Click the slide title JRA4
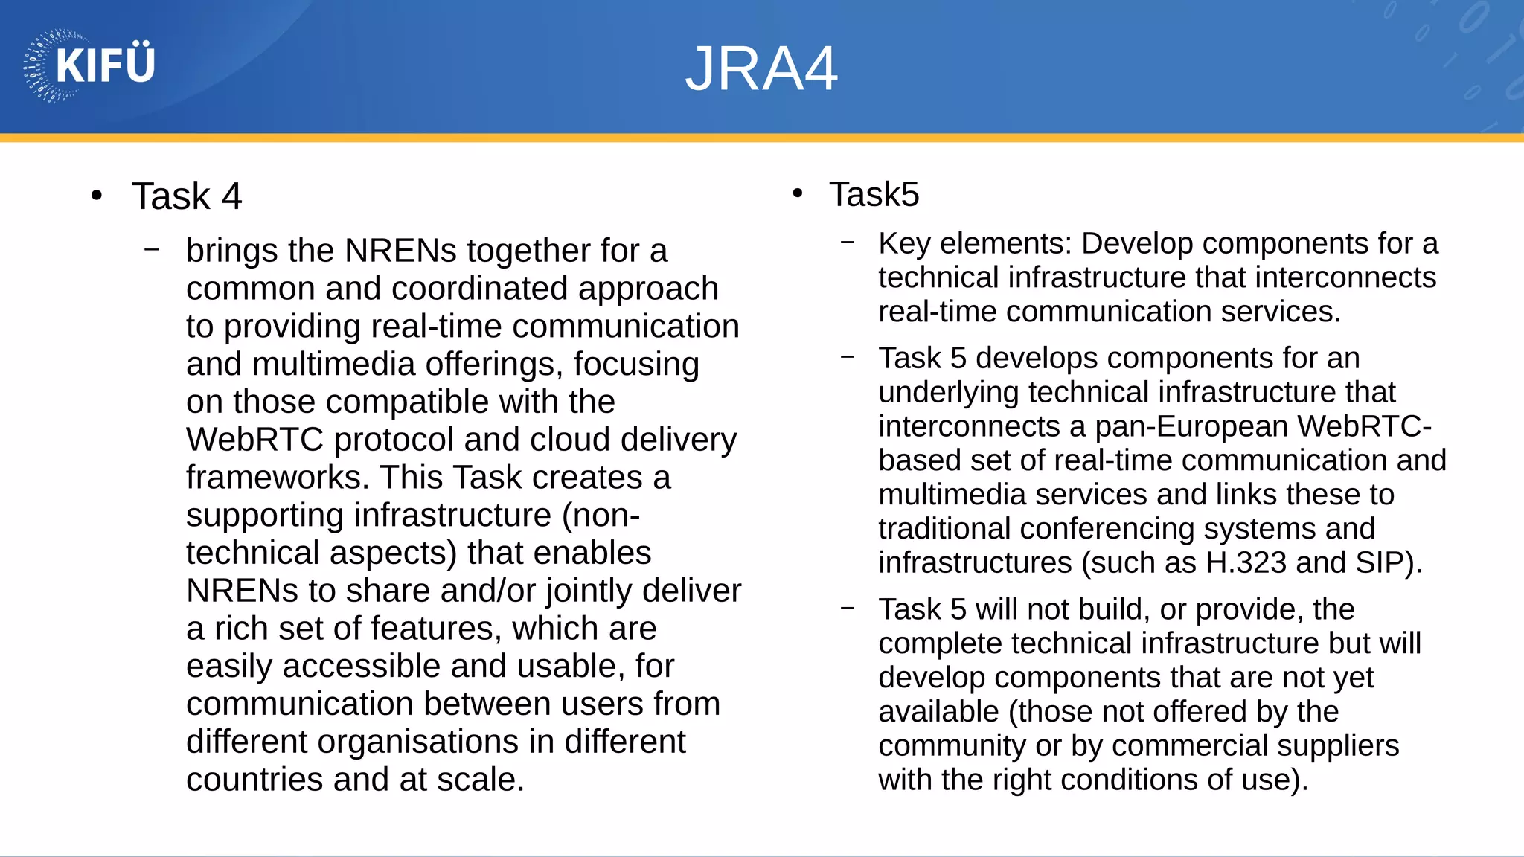pyautogui.click(x=761, y=69)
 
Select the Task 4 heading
pyautogui.click(x=187, y=196)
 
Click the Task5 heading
pyautogui.click(x=874, y=195)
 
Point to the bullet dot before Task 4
pyautogui.click(x=96, y=196)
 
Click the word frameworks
pyautogui.click(x=277, y=478)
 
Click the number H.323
pyautogui.click(x=1246, y=563)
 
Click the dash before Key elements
pyautogui.click(x=848, y=242)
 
